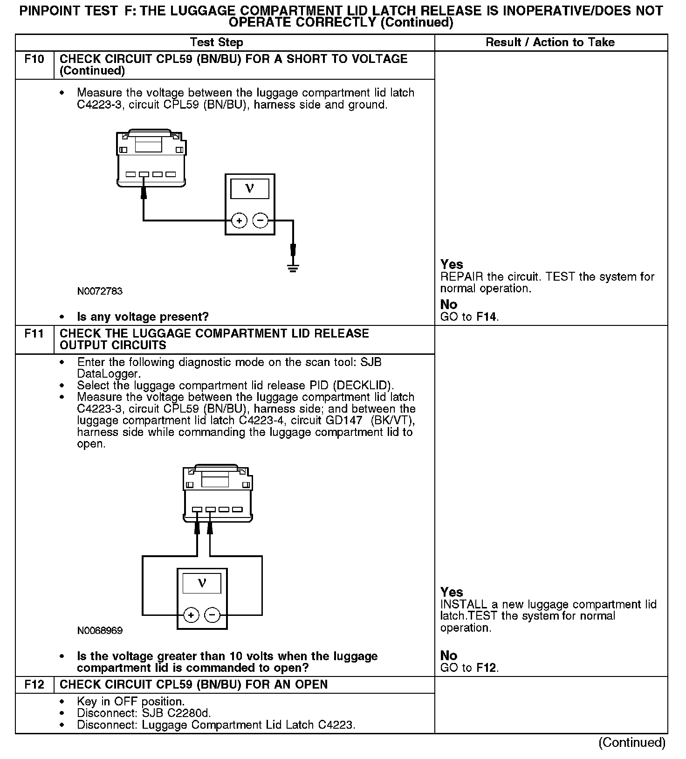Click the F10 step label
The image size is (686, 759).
click(34, 59)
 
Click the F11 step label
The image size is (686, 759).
click(34, 334)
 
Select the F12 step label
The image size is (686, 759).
click(34, 684)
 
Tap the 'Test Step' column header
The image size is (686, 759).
click(217, 42)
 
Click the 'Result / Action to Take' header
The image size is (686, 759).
click(550, 42)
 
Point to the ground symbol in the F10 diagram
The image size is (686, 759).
click(293, 268)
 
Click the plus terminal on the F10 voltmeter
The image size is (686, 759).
click(239, 221)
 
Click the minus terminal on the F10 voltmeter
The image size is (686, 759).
click(261, 221)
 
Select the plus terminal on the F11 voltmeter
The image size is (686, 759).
click(191, 615)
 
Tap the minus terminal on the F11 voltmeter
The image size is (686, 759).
click(213, 615)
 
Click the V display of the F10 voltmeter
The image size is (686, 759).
click(250, 188)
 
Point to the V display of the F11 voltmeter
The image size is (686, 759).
click(202, 583)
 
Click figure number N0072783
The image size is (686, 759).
click(100, 291)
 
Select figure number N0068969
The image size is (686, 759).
click(100, 631)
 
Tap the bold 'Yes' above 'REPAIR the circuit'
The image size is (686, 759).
click(452, 264)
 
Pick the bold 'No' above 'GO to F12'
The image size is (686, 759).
click(449, 655)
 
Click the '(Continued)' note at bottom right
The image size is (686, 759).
click(631, 743)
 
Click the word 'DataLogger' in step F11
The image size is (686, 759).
click(108, 374)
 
